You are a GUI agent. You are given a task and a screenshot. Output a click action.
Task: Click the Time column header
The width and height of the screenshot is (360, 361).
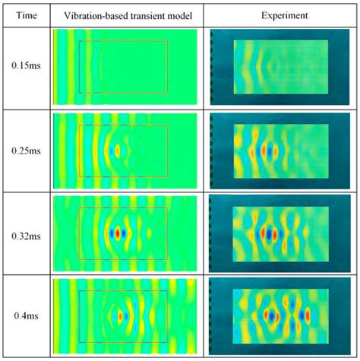24,14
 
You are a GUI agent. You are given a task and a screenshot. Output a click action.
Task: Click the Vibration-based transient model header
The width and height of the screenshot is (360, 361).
126,14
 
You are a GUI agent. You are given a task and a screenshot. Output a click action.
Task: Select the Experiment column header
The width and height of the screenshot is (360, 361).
282,14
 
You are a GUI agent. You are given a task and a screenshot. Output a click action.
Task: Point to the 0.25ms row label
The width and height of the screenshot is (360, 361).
24,150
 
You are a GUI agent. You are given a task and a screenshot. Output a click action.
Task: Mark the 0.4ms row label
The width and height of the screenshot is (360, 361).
24,315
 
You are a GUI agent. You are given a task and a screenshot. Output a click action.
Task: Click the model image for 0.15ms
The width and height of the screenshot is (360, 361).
125,68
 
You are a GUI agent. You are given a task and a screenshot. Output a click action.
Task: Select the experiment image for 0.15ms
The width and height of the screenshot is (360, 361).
282,68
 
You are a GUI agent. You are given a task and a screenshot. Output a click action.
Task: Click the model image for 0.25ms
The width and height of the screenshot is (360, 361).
125,150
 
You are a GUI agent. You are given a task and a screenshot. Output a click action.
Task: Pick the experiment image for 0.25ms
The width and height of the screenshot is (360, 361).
282,150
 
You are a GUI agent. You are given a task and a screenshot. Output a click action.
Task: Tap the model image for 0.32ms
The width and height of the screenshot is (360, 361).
125,233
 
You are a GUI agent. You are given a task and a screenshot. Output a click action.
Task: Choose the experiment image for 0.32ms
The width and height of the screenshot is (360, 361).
282,233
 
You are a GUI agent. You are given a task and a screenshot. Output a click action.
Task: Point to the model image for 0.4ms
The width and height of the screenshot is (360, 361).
125,315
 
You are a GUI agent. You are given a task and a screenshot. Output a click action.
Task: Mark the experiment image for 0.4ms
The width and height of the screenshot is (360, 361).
282,315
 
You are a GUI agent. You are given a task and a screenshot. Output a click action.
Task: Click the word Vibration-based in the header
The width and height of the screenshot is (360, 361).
90,14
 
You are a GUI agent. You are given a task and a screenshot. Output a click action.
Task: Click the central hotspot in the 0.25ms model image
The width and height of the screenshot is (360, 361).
116,150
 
